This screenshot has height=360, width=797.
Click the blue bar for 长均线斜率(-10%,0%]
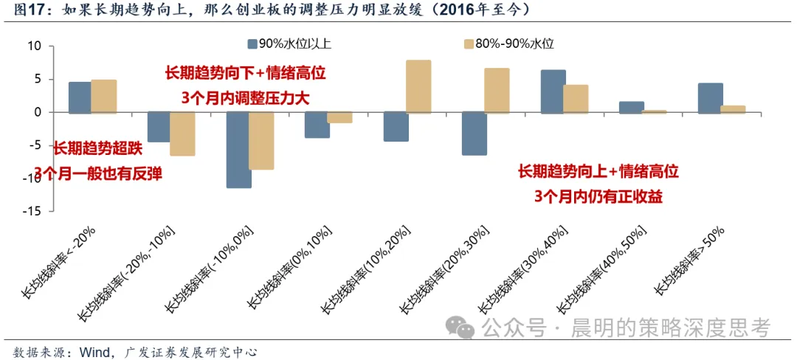pyautogui.click(x=239, y=150)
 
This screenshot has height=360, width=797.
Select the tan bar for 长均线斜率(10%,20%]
pyautogui.click(x=419, y=86)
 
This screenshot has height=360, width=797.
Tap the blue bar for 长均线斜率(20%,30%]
pyautogui.click(x=475, y=134)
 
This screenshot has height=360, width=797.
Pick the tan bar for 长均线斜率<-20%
pyautogui.click(x=104, y=96)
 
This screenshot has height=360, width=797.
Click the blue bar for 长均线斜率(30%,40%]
pyautogui.click(x=553, y=91)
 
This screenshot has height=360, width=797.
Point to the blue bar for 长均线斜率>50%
pyautogui.click(x=711, y=98)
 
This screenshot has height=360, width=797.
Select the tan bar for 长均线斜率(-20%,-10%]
pyautogui.click(x=182, y=134)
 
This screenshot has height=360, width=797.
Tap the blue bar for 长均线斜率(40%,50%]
pyautogui.click(x=632, y=107)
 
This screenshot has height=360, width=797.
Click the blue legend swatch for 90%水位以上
pyautogui.click(x=252, y=44)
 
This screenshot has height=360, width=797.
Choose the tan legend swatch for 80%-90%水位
pyautogui.click(x=469, y=44)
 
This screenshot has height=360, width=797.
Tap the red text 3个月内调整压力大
pyautogui.click(x=246, y=97)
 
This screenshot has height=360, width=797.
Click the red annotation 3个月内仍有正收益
pyautogui.click(x=598, y=197)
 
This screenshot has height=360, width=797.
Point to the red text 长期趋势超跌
pyautogui.click(x=98, y=148)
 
